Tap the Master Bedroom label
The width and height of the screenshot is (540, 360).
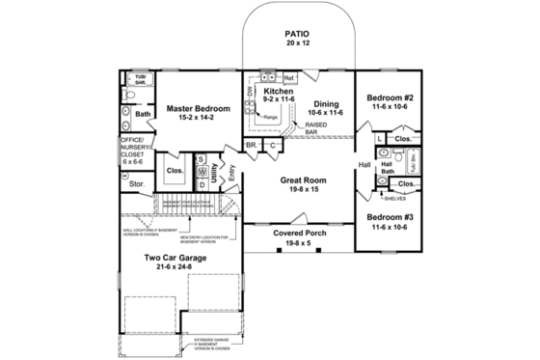[197, 109]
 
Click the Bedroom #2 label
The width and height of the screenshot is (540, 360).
[391, 98]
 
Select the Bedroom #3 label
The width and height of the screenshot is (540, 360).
[391, 215]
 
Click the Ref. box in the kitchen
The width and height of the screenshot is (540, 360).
[288, 78]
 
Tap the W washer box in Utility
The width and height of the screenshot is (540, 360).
[202, 171]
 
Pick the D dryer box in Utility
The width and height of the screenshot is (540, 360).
[202, 183]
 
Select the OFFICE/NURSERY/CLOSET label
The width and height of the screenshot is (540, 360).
[131, 151]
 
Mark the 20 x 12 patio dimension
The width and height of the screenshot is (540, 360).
[297, 44]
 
